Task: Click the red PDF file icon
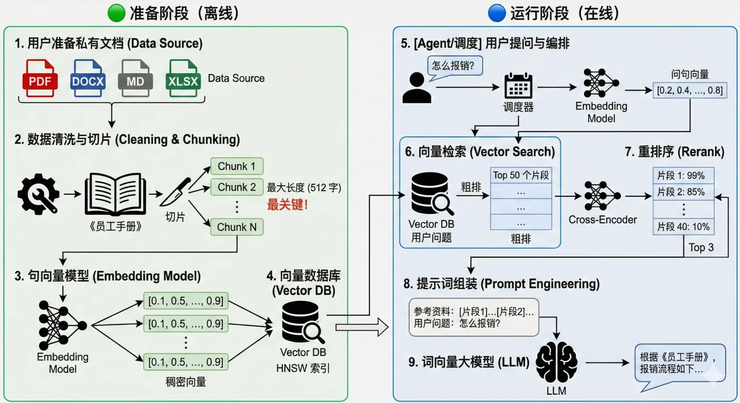(40, 78)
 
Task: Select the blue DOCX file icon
(88, 78)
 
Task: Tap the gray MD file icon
(135, 78)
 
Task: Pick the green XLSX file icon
(183, 78)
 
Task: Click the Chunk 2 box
(237, 187)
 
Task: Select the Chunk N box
(237, 227)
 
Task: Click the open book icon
(115, 194)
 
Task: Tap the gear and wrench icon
(38, 194)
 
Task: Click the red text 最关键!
(287, 205)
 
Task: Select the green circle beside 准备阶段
(117, 13)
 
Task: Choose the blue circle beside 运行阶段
(497, 13)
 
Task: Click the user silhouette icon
(417, 88)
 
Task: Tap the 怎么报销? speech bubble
(454, 66)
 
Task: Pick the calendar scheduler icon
(518, 86)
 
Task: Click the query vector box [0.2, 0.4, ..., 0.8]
(690, 91)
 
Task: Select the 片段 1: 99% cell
(683, 175)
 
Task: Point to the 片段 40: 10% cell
(683, 227)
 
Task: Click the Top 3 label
(701, 248)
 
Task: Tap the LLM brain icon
(556, 362)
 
